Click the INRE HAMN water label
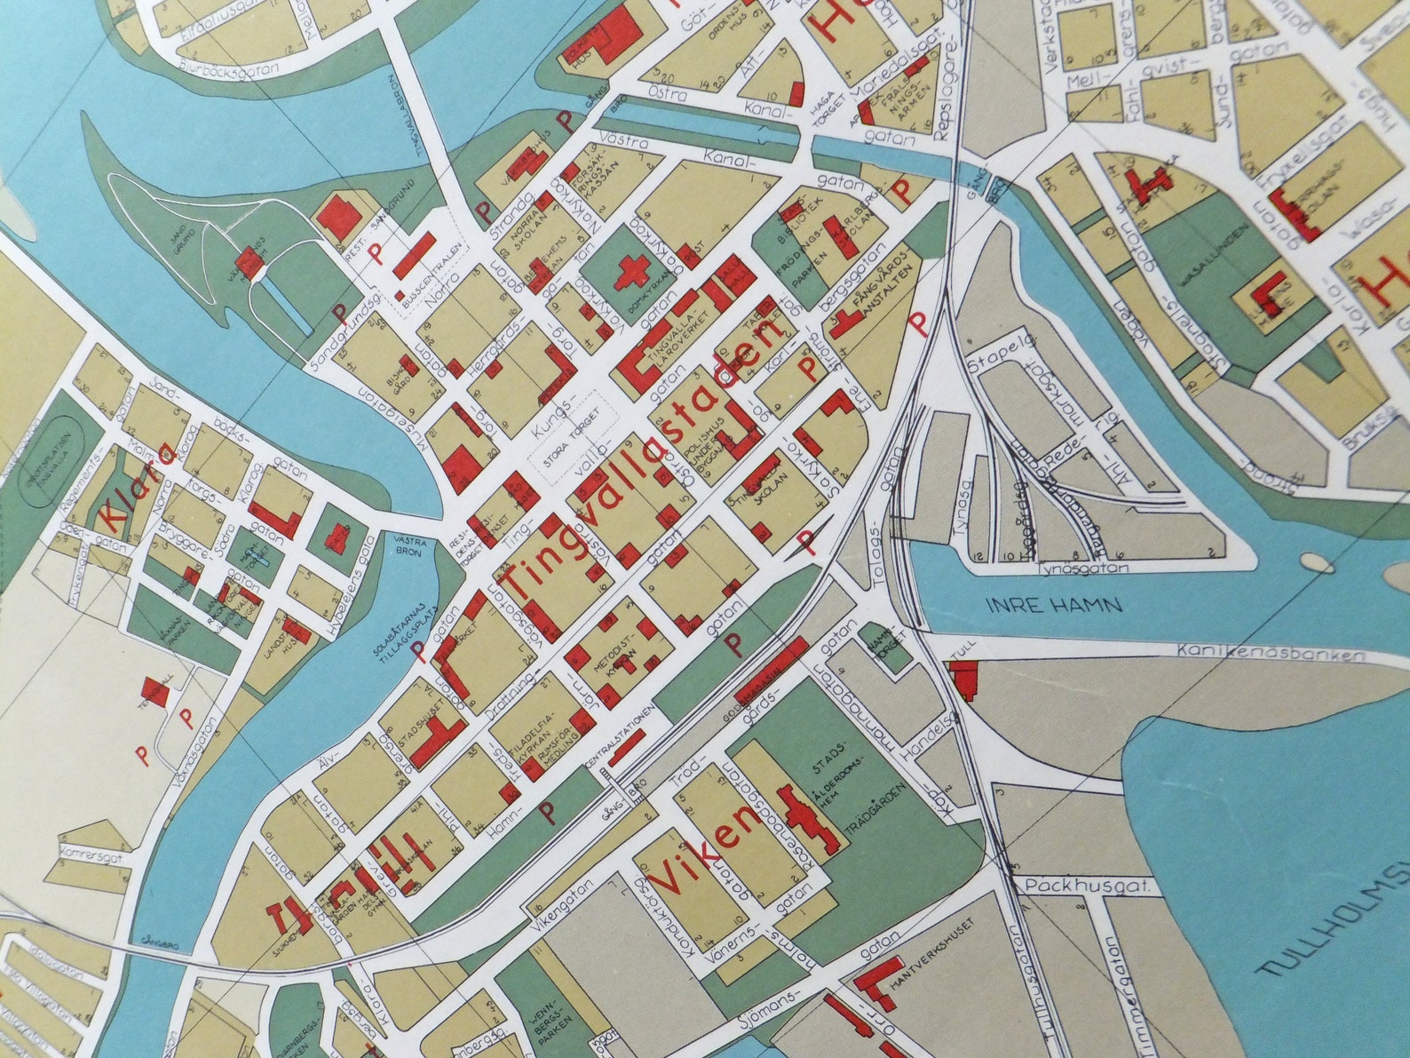(1053, 607)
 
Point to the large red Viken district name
(707, 854)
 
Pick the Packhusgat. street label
(1089, 887)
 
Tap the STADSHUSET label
(411, 725)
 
